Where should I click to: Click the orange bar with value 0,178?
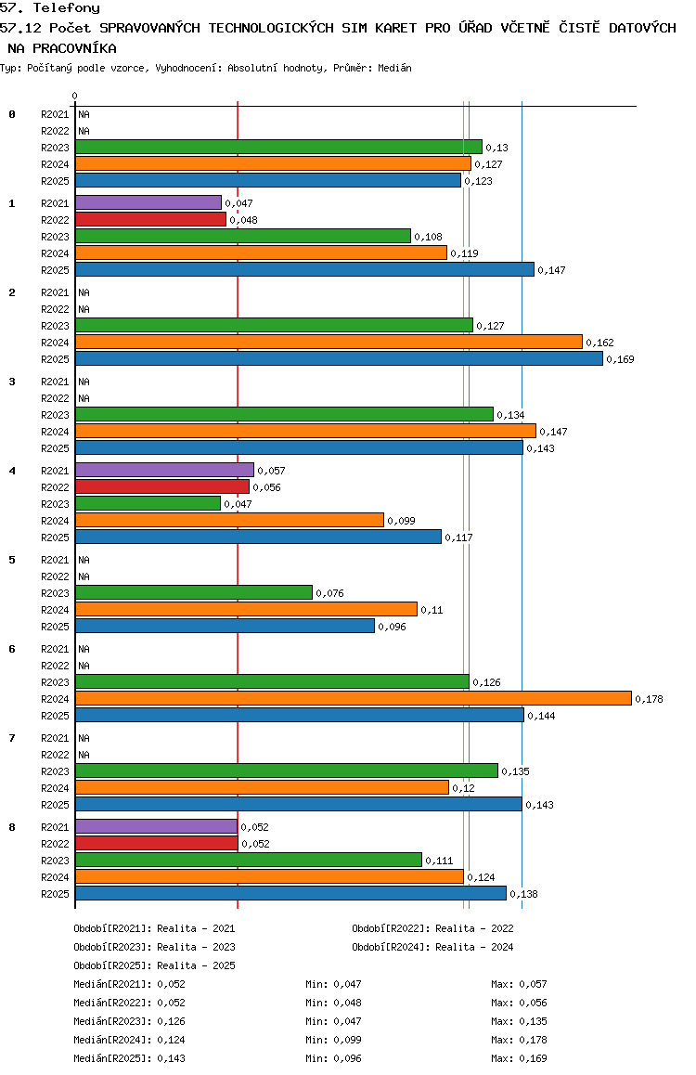coord(354,699)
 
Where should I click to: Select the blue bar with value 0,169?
coord(339,358)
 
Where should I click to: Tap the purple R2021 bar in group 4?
coord(164,471)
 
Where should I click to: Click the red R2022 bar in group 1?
coord(150,219)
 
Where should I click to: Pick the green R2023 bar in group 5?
coord(194,592)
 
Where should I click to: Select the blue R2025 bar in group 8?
coord(291,893)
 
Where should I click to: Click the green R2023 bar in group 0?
coord(278,147)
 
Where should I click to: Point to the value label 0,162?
coord(600,343)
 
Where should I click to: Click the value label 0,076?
coord(330,593)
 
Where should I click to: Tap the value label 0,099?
coord(402,521)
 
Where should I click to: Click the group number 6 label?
coord(12,649)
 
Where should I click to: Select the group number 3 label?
coord(12,382)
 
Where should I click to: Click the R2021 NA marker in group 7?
coord(84,738)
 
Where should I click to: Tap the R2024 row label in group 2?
coord(55,343)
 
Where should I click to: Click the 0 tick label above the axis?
coord(74,96)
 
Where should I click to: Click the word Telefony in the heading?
coord(67,8)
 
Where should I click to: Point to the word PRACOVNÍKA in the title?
coord(74,48)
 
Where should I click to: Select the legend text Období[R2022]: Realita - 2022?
coord(433,928)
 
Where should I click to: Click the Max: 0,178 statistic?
coord(520,1040)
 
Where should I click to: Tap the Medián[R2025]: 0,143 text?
coord(130,1058)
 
